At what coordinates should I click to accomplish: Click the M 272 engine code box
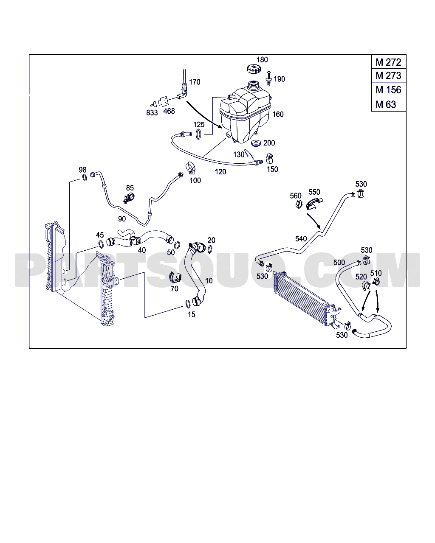coord(388,62)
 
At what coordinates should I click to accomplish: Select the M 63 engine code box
coord(388,104)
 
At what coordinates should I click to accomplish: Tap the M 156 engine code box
coord(388,90)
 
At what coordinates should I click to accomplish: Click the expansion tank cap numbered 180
coord(250,69)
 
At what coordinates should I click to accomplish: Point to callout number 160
coord(278,114)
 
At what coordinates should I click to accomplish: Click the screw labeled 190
coord(268,79)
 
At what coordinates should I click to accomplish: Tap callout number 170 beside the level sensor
coord(195,82)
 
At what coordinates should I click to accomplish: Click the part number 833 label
coord(152,112)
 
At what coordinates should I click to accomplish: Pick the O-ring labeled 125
coord(198,134)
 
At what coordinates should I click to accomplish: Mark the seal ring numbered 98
coord(84,177)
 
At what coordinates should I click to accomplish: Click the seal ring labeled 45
coord(101,244)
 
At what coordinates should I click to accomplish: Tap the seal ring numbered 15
coord(187,304)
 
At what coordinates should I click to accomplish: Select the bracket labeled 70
coord(174,277)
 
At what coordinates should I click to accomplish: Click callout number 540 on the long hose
coord(301,239)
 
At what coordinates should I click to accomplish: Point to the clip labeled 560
coord(299,205)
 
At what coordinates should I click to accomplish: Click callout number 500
coord(339,263)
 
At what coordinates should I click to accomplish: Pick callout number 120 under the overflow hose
coord(220,172)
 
